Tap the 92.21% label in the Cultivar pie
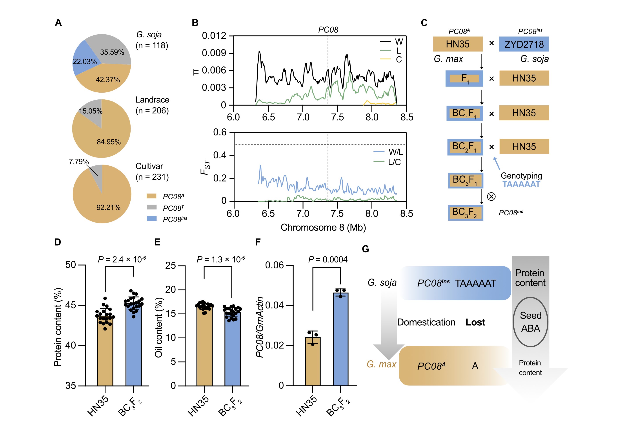[x=108, y=207]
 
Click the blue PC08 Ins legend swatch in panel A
[x=152, y=218]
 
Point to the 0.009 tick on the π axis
[x=214, y=53]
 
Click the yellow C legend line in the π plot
[x=385, y=59]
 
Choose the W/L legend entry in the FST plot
[x=388, y=152]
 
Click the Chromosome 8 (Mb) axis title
[x=323, y=227]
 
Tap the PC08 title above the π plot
[x=328, y=30]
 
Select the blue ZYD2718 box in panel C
[x=524, y=44]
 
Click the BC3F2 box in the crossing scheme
[x=465, y=213]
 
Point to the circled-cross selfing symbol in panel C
[x=491, y=196]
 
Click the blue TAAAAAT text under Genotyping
[x=521, y=184]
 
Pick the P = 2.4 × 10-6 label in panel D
[x=122, y=260]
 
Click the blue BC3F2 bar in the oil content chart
[x=232, y=350]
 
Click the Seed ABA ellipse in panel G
[x=530, y=322]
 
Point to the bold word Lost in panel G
[x=475, y=323]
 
